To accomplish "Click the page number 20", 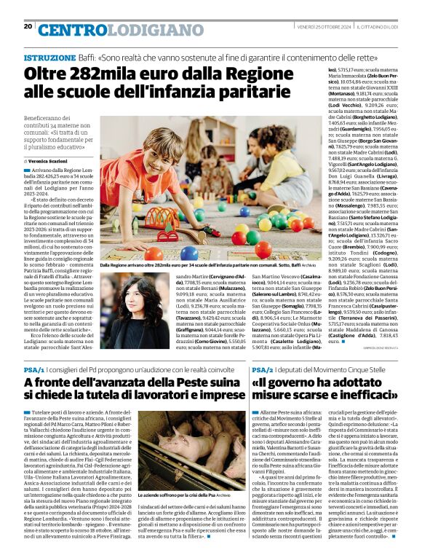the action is (28, 26).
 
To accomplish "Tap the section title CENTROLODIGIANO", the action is (110, 29).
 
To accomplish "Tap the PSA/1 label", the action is (34, 369).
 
